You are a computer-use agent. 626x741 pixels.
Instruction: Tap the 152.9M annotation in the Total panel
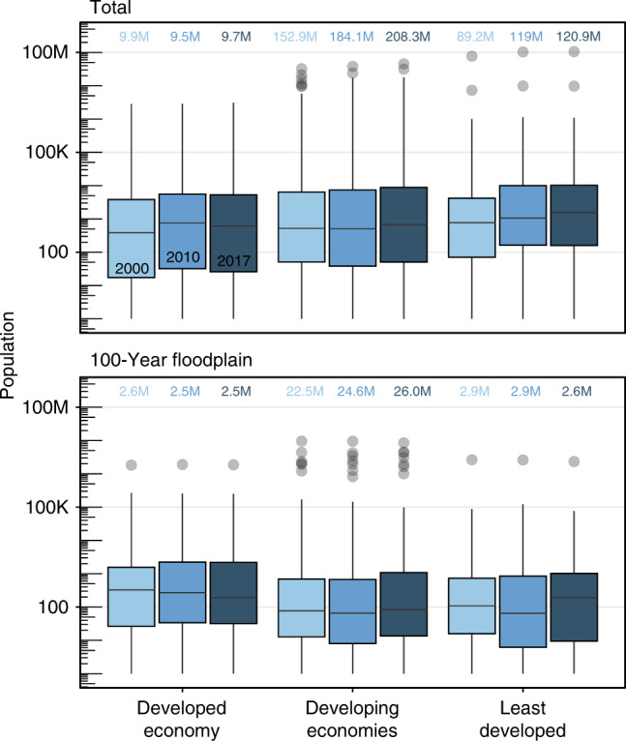[302, 37]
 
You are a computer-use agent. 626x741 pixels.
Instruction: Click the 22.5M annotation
[302, 392]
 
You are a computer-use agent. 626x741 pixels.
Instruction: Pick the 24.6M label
[354, 392]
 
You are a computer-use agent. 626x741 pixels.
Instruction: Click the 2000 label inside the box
[132, 267]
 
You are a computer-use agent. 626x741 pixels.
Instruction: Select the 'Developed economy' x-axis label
[183, 714]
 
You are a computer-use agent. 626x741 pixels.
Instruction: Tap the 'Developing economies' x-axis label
[353, 714]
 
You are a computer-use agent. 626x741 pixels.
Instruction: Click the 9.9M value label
[132, 37]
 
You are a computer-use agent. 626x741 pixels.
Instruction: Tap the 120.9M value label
[578, 37]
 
